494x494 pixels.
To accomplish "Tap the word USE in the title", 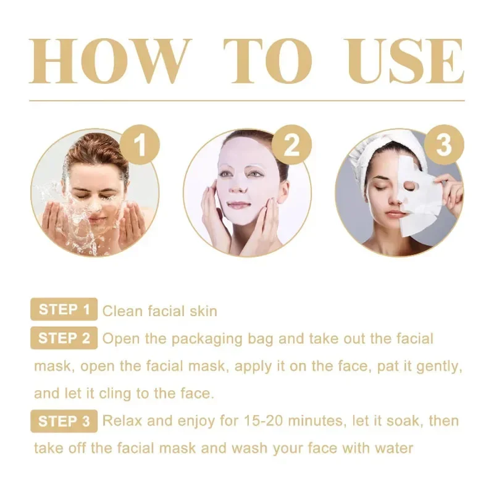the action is coord(404,61).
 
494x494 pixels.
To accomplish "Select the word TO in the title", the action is coord(268,61).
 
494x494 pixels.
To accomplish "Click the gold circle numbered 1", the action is coord(140,144).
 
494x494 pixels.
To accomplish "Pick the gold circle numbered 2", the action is coord(291,144).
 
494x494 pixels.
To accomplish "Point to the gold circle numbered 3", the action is coord(444,144).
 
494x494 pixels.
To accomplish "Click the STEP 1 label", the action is coord(64,309).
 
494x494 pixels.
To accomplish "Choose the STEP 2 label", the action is coord(64,338).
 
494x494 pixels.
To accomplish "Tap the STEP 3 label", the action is coord(64,421).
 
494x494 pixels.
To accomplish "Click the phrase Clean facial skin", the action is coord(160,311).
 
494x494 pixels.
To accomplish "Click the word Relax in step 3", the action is coord(122,421).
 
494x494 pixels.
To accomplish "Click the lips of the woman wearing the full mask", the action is coord(237,205).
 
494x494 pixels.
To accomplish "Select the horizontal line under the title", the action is coord(247,101).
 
